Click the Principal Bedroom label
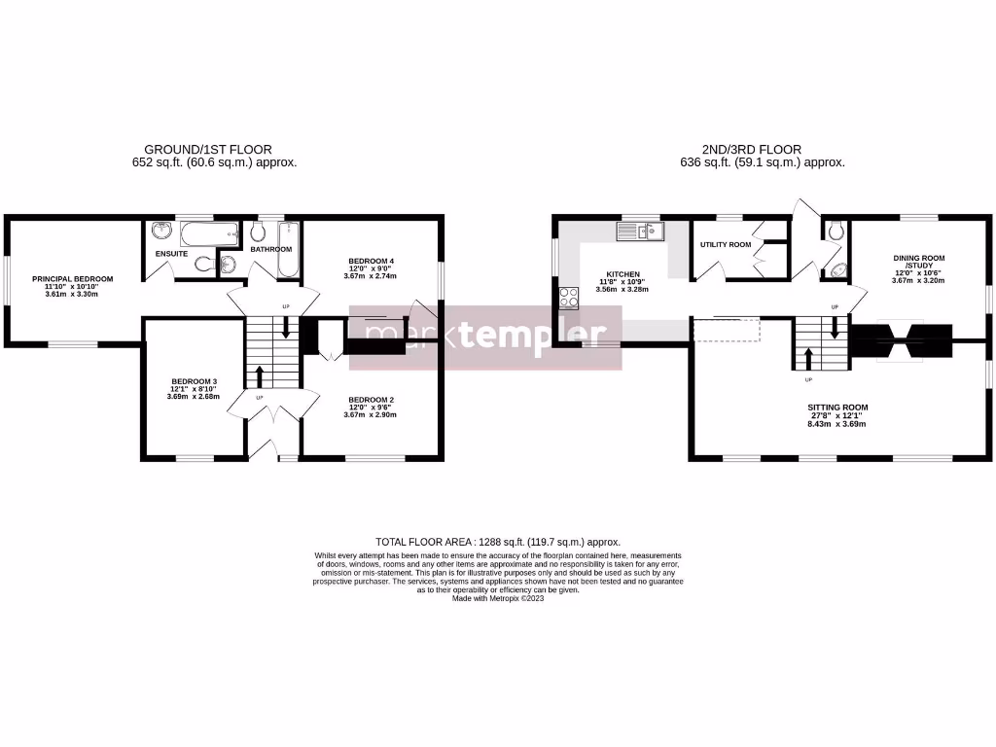72,279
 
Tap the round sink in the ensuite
160,232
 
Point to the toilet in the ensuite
202,263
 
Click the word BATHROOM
271,249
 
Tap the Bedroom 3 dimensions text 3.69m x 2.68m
194,397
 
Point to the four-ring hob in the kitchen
569,299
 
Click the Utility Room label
726,244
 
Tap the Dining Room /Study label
919,263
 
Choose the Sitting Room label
837,408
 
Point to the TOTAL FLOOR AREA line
497,542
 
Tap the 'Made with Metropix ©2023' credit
497,599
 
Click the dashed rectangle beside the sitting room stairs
726,331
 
